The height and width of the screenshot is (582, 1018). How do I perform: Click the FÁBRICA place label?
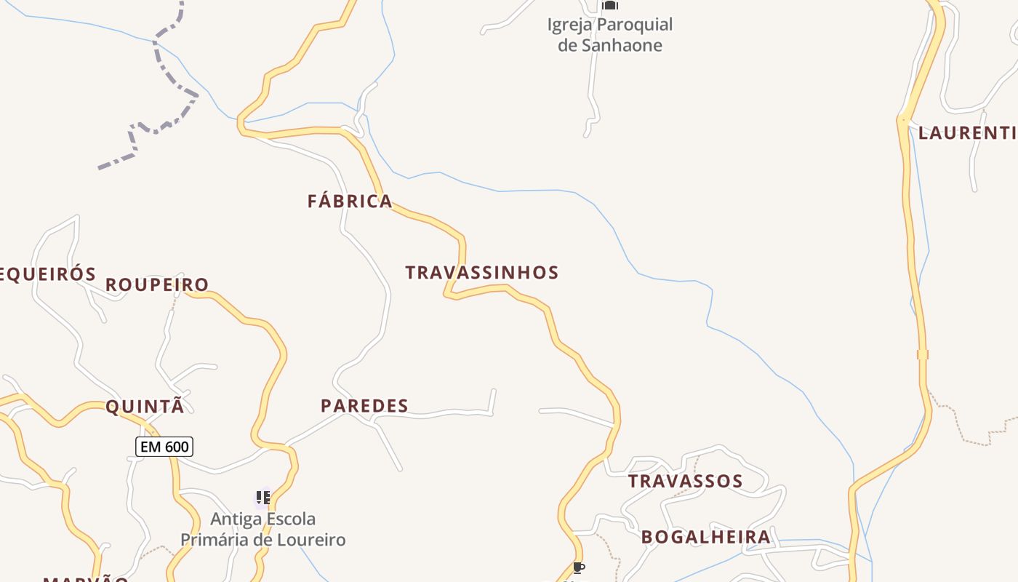coord(350,202)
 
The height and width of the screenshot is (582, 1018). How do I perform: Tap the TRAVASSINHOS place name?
coord(481,273)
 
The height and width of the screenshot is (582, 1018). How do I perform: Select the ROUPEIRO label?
coord(157,284)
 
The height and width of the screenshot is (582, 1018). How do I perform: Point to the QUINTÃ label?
coord(145,407)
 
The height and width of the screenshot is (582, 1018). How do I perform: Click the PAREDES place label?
coord(364,406)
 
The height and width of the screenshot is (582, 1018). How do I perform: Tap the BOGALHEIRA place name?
coord(705,538)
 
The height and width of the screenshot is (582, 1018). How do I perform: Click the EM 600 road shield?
coord(164,447)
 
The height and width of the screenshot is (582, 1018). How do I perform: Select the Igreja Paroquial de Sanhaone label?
coord(610,35)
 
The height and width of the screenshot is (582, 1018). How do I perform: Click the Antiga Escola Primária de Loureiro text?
coord(262,530)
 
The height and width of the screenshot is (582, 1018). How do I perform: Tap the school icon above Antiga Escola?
coord(263,498)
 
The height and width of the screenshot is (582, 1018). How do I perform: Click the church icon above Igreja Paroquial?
coord(609,5)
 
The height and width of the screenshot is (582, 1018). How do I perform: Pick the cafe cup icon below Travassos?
coord(578,567)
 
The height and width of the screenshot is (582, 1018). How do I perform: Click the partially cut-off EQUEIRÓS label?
coord(47,274)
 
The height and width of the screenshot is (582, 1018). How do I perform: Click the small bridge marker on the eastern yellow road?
coord(923,354)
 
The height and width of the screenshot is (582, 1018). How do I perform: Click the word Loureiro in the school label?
coord(313,541)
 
